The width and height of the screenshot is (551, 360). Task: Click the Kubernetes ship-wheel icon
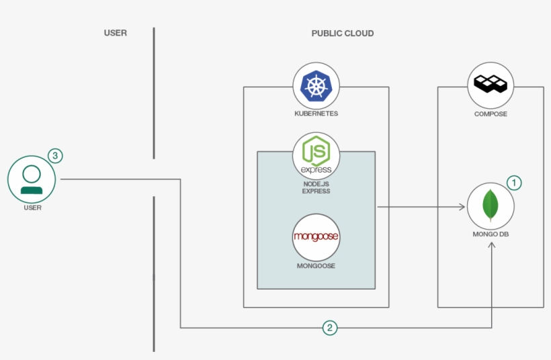pyautogui.click(x=316, y=86)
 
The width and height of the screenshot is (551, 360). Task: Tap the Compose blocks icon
pyautogui.click(x=491, y=83)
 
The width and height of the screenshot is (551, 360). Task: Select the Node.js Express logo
pyautogui.click(x=316, y=155)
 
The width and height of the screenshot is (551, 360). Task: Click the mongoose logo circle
pyautogui.click(x=316, y=237)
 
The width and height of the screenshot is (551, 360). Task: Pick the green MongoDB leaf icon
pyautogui.click(x=491, y=206)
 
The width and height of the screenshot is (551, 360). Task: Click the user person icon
pyautogui.click(x=32, y=179)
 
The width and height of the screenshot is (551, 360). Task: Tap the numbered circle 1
pyautogui.click(x=514, y=183)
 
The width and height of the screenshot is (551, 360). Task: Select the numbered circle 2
pyautogui.click(x=330, y=328)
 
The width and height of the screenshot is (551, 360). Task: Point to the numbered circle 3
pyautogui.click(x=55, y=156)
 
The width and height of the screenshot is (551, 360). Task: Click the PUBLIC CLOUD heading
pyautogui.click(x=343, y=34)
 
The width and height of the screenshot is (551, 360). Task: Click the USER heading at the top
pyautogui.click(x=116, y=33)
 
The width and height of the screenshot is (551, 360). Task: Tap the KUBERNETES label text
pyautogui.click(x=316, y=114)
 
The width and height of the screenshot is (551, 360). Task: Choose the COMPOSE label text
pyautogui.click(x=491, y=114)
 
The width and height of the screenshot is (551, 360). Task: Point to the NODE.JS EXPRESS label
pyautogui.click(x=316, y=187)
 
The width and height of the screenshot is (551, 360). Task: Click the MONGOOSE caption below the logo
pyautogui.click(x=316, y=266)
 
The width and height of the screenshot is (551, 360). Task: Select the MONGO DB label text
pyautogui.click(x=491, y=234)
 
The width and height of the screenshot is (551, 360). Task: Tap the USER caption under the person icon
pyautogui.click(x=32, y=208)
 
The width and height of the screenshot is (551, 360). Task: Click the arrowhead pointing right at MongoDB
pyautogui.click(x=462, y=207)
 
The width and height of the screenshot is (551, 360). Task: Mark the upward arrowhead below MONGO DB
pyautogui.click(x=492, y=244)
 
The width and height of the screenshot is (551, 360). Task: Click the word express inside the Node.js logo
pyautogui.click(x=316, y=170)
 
